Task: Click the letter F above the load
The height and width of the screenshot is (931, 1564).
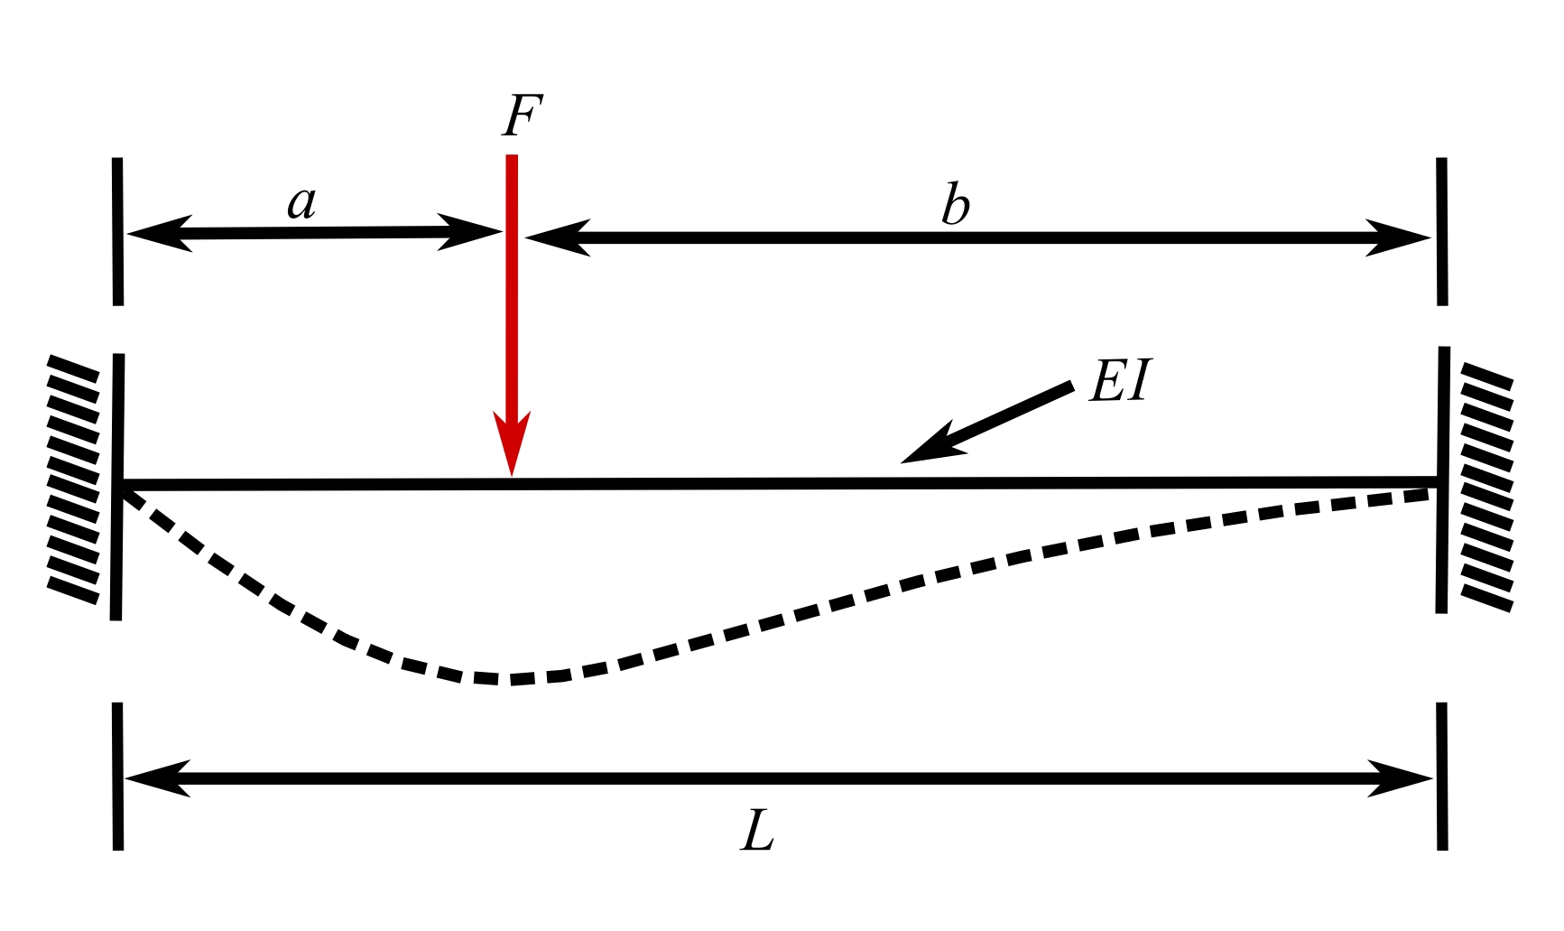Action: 523,116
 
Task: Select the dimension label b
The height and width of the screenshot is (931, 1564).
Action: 955,204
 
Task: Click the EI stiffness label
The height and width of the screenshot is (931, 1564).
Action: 1121,380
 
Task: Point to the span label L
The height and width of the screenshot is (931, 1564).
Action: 757,831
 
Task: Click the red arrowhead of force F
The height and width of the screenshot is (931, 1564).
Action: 512,442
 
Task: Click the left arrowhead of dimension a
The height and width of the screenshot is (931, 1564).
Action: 159,234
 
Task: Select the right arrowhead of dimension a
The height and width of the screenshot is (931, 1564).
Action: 470,232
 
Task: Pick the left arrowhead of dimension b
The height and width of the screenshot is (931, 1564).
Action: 557,237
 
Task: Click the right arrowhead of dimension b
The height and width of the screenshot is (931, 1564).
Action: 1398,237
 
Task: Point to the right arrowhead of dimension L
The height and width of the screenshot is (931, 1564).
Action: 1401,778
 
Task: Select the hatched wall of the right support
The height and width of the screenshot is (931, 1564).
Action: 1486,487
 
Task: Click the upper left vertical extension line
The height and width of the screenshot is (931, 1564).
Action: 117,231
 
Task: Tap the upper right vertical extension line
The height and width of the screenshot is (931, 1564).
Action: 1441,231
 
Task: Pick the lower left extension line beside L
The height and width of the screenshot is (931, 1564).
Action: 117,776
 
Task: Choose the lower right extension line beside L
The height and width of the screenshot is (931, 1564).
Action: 1441,776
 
